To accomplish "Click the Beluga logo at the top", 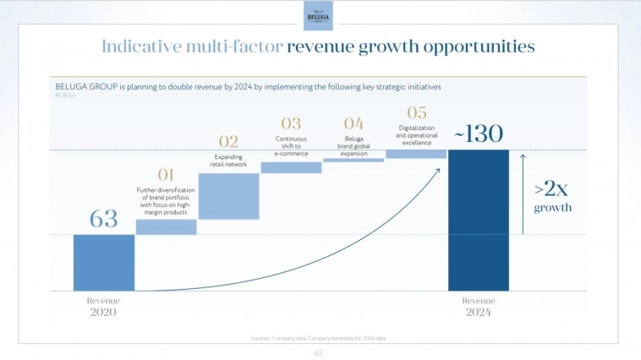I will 318,15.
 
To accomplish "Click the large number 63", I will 103,219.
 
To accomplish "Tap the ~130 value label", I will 478,134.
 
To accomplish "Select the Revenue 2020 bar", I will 104,262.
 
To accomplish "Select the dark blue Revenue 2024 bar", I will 479,220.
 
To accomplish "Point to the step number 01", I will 166,175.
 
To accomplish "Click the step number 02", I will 228,141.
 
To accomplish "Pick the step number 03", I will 291,124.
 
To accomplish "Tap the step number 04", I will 353,124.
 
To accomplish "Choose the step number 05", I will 416,112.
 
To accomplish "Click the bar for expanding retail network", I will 228,196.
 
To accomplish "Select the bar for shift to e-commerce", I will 291,167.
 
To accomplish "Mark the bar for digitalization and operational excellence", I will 416,154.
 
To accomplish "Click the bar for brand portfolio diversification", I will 166,226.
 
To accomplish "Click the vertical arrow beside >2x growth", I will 523,194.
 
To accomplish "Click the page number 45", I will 319,352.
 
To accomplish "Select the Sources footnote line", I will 319,338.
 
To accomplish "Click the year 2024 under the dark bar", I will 478,312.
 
